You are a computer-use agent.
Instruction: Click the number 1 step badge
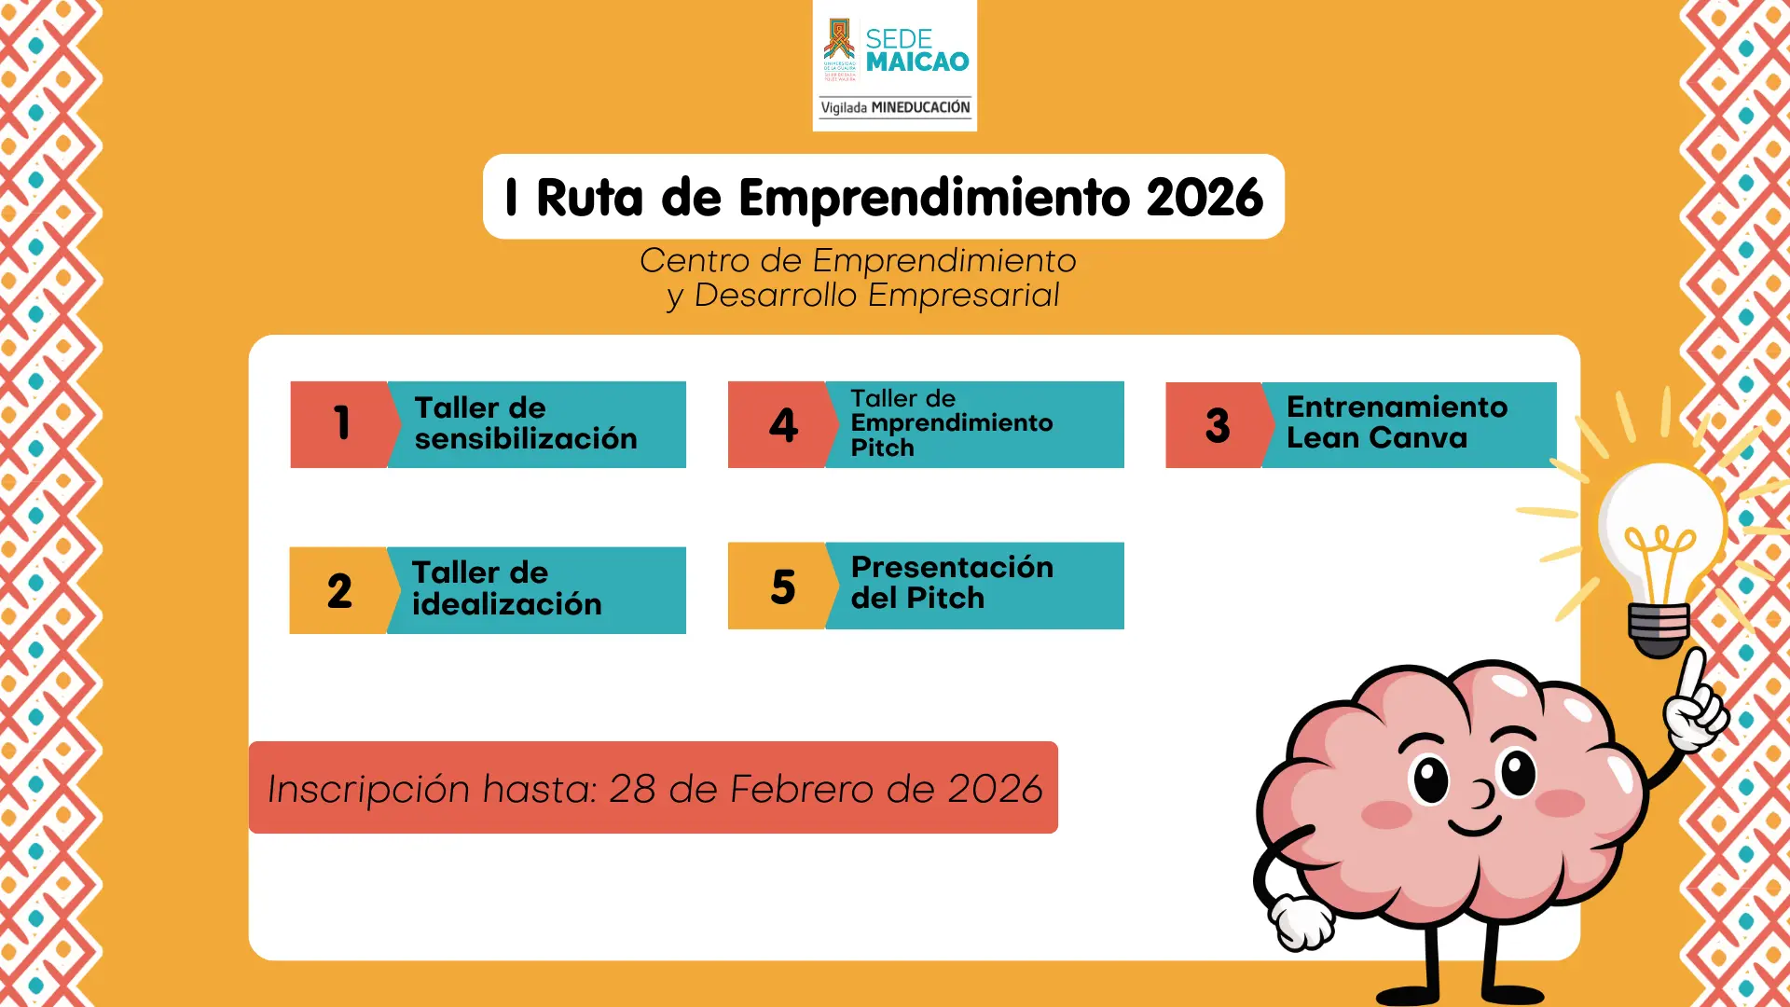click(341, 424)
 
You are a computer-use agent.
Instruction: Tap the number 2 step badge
click(339, 590)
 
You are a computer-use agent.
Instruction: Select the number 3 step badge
click(1217, 425)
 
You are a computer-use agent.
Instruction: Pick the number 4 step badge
click(783, 425)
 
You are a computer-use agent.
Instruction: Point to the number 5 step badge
click(782, 586)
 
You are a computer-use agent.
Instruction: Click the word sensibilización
click(526, 439)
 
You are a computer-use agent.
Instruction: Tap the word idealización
click(506, 604)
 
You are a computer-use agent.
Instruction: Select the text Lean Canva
click(1376, 438)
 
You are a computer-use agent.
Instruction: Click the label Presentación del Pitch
click(951, 583)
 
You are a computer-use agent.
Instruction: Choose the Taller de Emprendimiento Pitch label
click(951, 423)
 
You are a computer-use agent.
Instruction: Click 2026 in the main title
click(1205, 198)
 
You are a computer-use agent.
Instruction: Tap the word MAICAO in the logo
click(917, 62)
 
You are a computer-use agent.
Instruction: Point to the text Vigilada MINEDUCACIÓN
click(895, 108)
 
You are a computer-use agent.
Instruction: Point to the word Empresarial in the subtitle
click(963, 296)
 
